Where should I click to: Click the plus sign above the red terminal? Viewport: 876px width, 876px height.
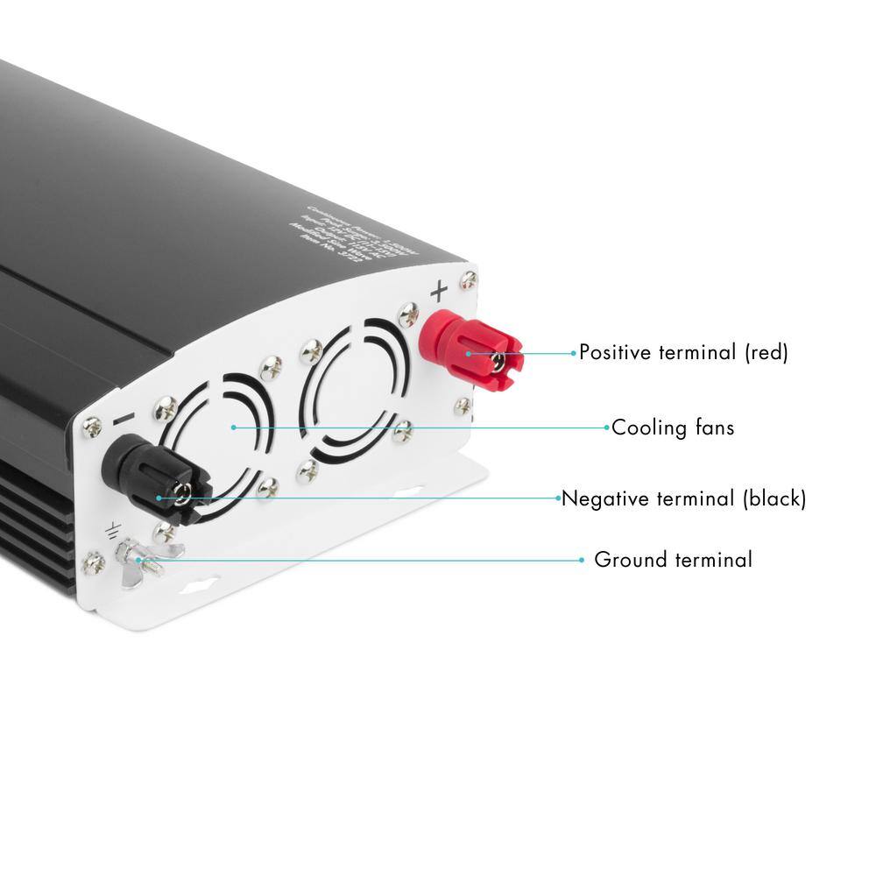click(x=440, y=290)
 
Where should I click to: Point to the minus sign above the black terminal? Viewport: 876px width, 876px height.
click(x=123, y=421)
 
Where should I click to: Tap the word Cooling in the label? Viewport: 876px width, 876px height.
click(x=649, y=428)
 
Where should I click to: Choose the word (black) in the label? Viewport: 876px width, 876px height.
click(x=774, y=499)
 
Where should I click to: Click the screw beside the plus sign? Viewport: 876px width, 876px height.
click(x=470, y=280)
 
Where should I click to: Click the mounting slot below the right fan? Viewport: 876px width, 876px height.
click(x=406, y=495)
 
